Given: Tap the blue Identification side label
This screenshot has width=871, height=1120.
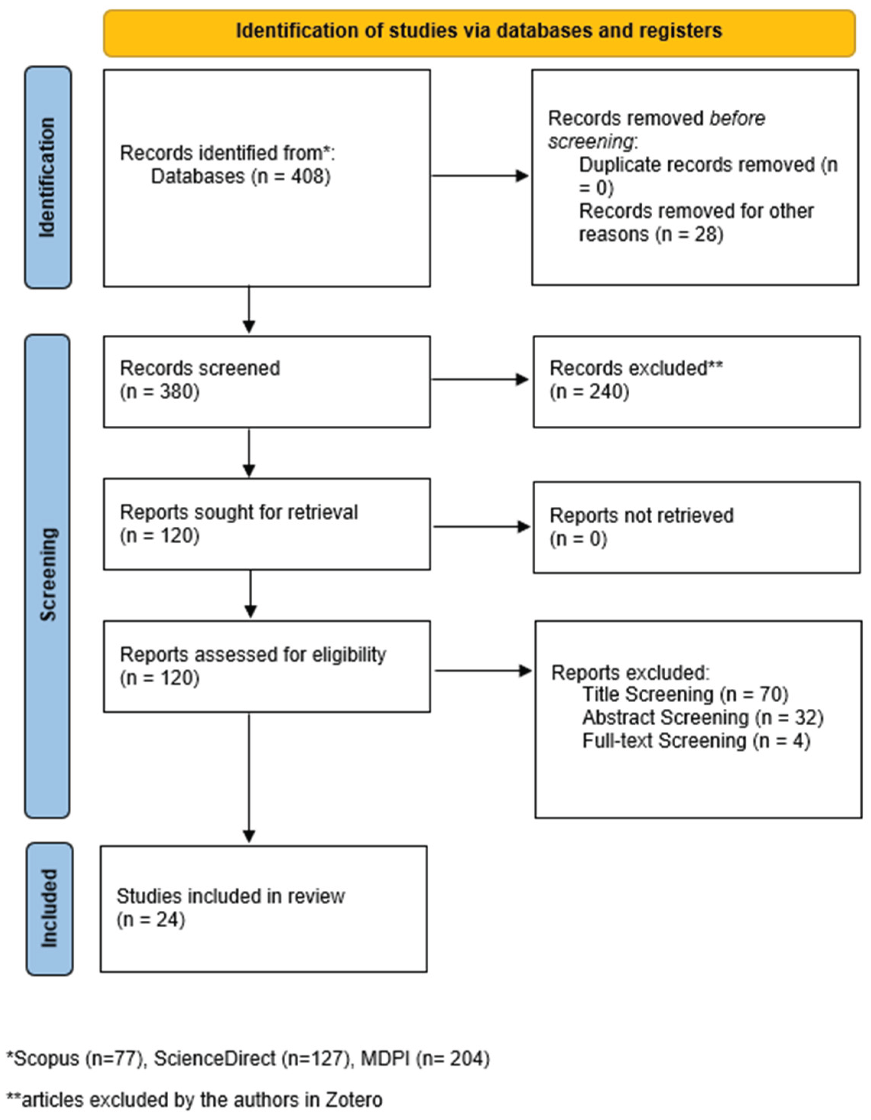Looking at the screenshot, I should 48,177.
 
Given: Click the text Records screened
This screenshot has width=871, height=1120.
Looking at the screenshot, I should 200,368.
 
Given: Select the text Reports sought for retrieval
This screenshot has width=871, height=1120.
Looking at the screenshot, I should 238,512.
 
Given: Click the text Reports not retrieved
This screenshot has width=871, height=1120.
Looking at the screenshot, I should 641,515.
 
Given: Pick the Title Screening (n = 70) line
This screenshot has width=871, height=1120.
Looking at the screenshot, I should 685,694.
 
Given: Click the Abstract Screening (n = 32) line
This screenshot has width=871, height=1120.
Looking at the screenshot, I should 702,718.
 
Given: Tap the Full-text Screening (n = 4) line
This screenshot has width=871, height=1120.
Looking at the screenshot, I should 695,741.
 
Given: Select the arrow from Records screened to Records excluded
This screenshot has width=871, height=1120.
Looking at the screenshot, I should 480,379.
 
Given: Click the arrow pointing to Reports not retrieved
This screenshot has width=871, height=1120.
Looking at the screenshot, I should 481,527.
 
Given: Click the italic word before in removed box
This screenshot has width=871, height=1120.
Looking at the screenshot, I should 737,119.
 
